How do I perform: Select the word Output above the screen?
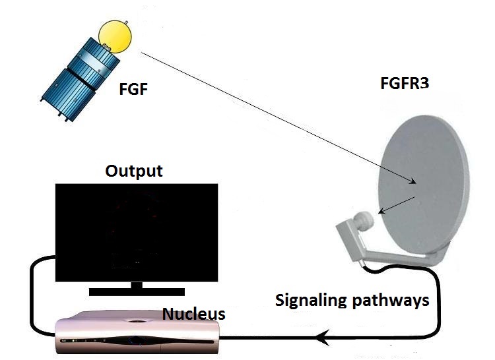click(134, 171)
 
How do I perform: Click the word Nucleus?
click(195, 313)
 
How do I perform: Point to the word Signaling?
click(310, 301)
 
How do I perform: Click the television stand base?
click(137, 291)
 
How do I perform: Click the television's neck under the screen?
click(137, 284)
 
